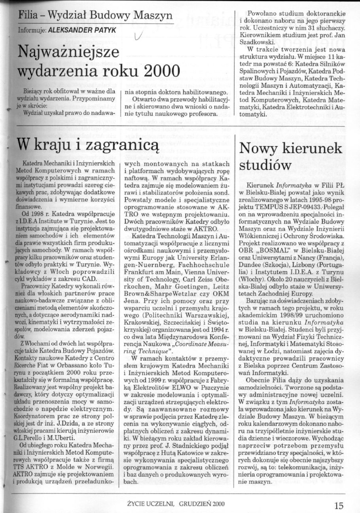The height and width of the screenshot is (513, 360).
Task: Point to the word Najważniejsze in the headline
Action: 63,51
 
